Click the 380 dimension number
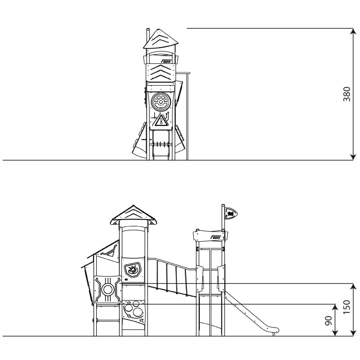346,94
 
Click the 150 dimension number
346,307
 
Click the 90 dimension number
328,321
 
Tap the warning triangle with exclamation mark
161,120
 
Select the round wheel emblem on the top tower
161,102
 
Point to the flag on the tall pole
231,213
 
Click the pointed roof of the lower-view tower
134,215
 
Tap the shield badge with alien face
132,270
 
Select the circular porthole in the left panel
108,289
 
